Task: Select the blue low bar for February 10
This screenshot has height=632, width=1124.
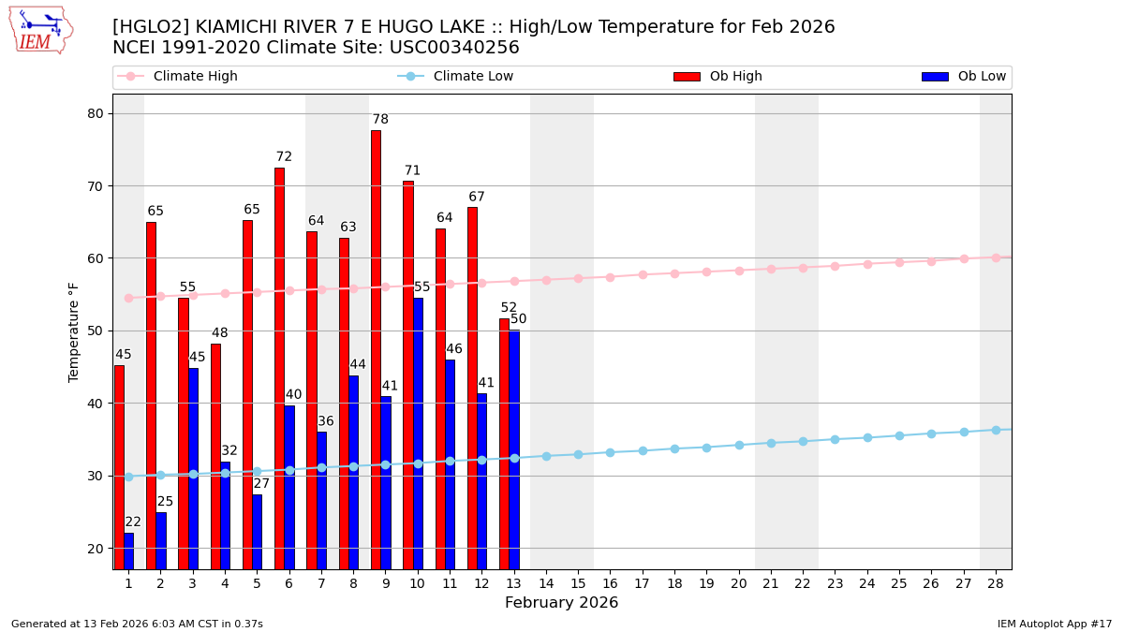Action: pyautogui.click(x=418, y=434)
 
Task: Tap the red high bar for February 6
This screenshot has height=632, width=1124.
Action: pyautogui.click(x=279, y=368)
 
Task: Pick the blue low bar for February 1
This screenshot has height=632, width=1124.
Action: pyautogui.click(x=128, y=551)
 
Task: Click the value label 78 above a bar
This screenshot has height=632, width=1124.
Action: pyautogui.click(x=380, y=120)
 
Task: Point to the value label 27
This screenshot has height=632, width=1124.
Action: pyautogui.click(x=261, y=484)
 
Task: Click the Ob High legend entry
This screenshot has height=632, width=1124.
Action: pyautogui.click(x=717, y=77)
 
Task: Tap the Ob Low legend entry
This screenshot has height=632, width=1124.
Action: pyautogui.click(x=964, y=77)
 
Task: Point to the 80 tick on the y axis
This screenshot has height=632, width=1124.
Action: pyautogui.click(x=96, y=114)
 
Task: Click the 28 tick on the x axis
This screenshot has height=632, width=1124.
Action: pyautogui.click(x=996, y=583)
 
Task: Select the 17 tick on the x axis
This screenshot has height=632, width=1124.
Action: pyautogui.click(x=642, y=583)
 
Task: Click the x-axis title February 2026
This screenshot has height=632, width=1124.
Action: pyautogui.click(x=561, y=603)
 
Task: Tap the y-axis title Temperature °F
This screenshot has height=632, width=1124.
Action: pyautogui.click(x=75, y=331)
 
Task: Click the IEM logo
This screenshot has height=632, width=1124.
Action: pyautogui.click(x=40, y=30)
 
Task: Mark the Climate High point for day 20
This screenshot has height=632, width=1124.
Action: pyautogui.click(x=739, y=271)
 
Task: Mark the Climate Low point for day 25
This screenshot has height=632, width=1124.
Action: pyautogui.click(x=899, y=435)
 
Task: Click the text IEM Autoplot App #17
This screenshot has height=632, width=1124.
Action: pyautogui.click(x=1054, y=624)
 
